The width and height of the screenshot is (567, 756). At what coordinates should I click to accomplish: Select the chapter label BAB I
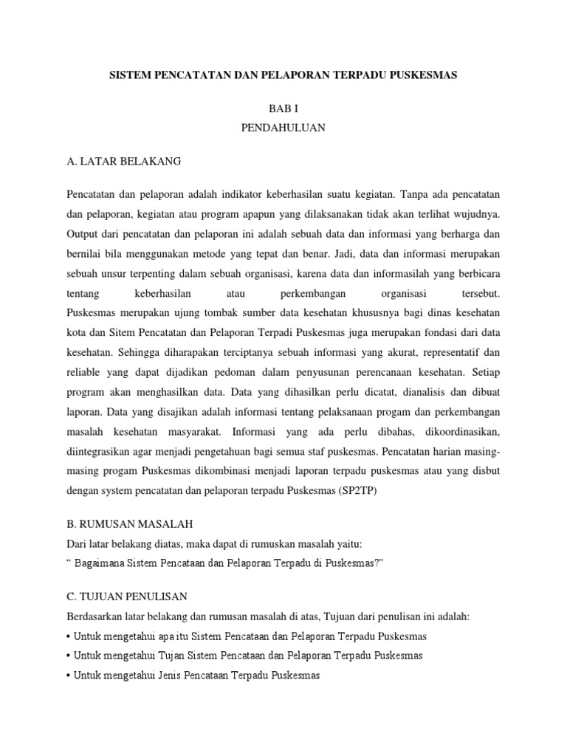[x=283, y=108]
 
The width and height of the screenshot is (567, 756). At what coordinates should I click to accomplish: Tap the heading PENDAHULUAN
[x=283, y=128]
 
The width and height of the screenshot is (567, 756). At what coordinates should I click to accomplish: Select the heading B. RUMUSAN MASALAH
[x=129, y=525]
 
